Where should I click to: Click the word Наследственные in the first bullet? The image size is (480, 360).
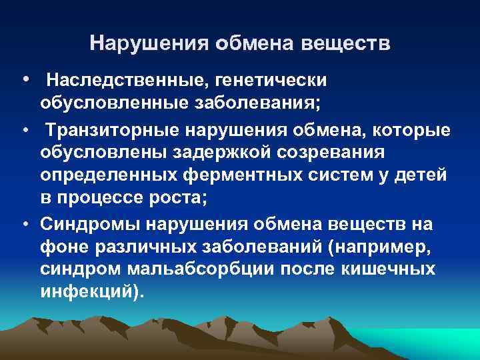coord(125,81)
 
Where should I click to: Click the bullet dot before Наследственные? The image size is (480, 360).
coord(24,80)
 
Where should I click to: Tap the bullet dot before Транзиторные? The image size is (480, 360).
coord(24,129)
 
